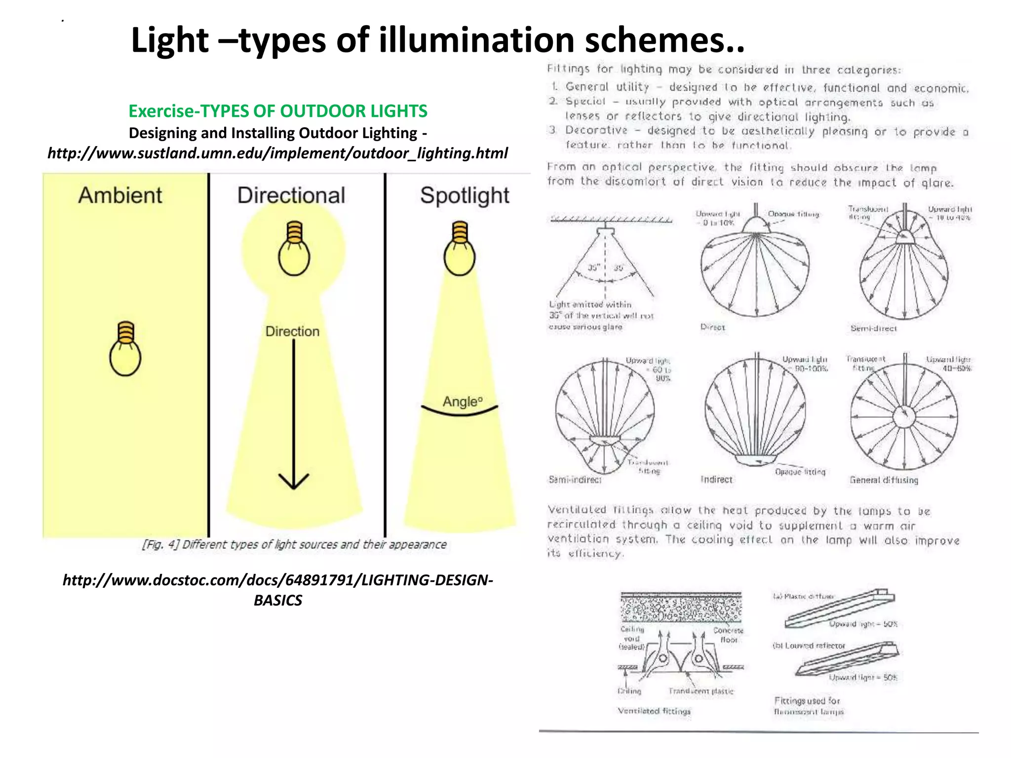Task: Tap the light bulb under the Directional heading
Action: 294,249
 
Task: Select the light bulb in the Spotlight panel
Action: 460,249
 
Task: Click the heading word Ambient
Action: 120,195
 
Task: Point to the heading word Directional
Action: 291,195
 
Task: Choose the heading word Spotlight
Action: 465,196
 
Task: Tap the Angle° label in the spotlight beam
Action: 462,402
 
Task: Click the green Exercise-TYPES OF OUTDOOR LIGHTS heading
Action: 278,111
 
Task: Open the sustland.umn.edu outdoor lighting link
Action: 277,153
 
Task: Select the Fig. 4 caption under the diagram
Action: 294,544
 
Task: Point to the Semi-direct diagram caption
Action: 873,328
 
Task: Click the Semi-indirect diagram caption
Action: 575,479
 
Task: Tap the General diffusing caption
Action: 884,480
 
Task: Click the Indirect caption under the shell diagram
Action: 716,479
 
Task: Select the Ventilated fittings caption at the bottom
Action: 654,711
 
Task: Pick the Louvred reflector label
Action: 809,645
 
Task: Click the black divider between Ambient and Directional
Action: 209,355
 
